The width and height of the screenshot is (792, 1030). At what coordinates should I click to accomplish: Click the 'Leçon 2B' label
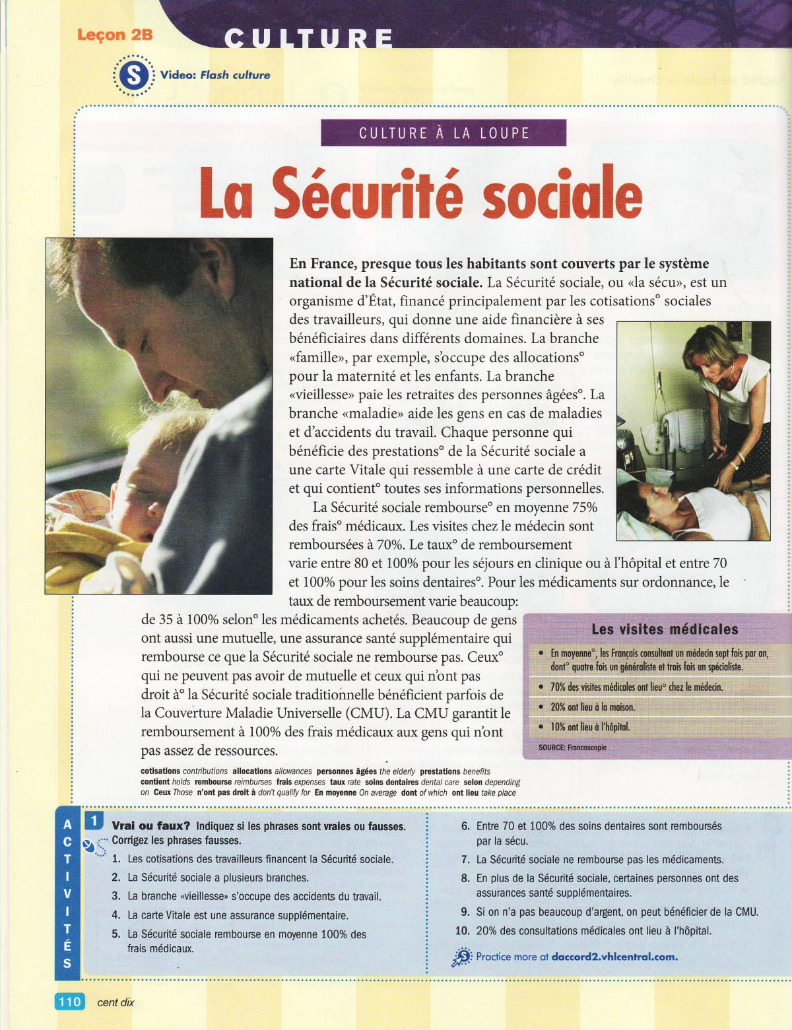(115, 35)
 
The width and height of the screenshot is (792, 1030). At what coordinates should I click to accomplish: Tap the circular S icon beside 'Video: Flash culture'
(134, 75)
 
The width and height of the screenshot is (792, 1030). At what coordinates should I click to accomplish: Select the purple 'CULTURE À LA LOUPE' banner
(444, 133)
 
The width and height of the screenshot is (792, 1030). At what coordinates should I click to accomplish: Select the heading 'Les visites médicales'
(665, 629)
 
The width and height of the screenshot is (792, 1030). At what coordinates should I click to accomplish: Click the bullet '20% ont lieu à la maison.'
(593, 707)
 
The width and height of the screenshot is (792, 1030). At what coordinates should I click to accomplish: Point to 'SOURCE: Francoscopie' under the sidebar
(572, 748)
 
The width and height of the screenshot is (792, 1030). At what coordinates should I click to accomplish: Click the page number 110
(69, 1002)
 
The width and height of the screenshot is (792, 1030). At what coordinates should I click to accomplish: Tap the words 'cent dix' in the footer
(115, 1002)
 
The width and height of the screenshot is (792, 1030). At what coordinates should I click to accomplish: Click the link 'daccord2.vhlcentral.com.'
(614, 956)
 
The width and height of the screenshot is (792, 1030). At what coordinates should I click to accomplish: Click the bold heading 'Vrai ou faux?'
(151, 826)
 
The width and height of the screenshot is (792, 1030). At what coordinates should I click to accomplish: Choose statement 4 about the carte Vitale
(238, 915)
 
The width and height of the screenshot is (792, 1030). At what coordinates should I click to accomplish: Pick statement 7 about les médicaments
(599, 859)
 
